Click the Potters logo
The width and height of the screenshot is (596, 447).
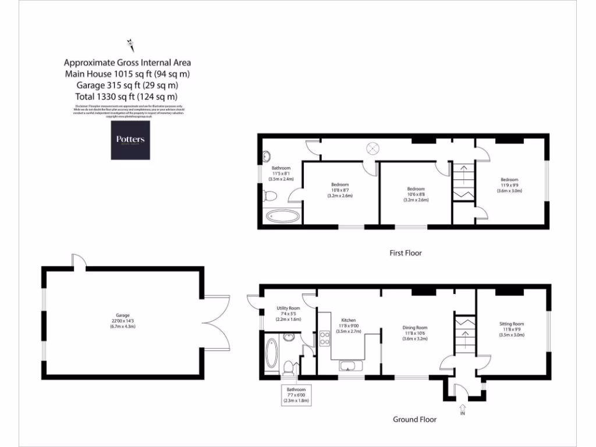click(130, 140)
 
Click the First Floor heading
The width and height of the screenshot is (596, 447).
click(405, 253)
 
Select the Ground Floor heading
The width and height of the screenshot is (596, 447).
click(414, 419)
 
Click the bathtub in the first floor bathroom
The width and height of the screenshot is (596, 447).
click(283, 217)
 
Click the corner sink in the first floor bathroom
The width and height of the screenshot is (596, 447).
click(267, 156)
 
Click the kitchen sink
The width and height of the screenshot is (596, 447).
click(349, 367)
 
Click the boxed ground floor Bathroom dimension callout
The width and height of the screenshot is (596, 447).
click(296, 395)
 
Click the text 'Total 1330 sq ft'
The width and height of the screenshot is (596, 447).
click(127, 97)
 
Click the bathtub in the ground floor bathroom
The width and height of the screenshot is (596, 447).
click(271, 353)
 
